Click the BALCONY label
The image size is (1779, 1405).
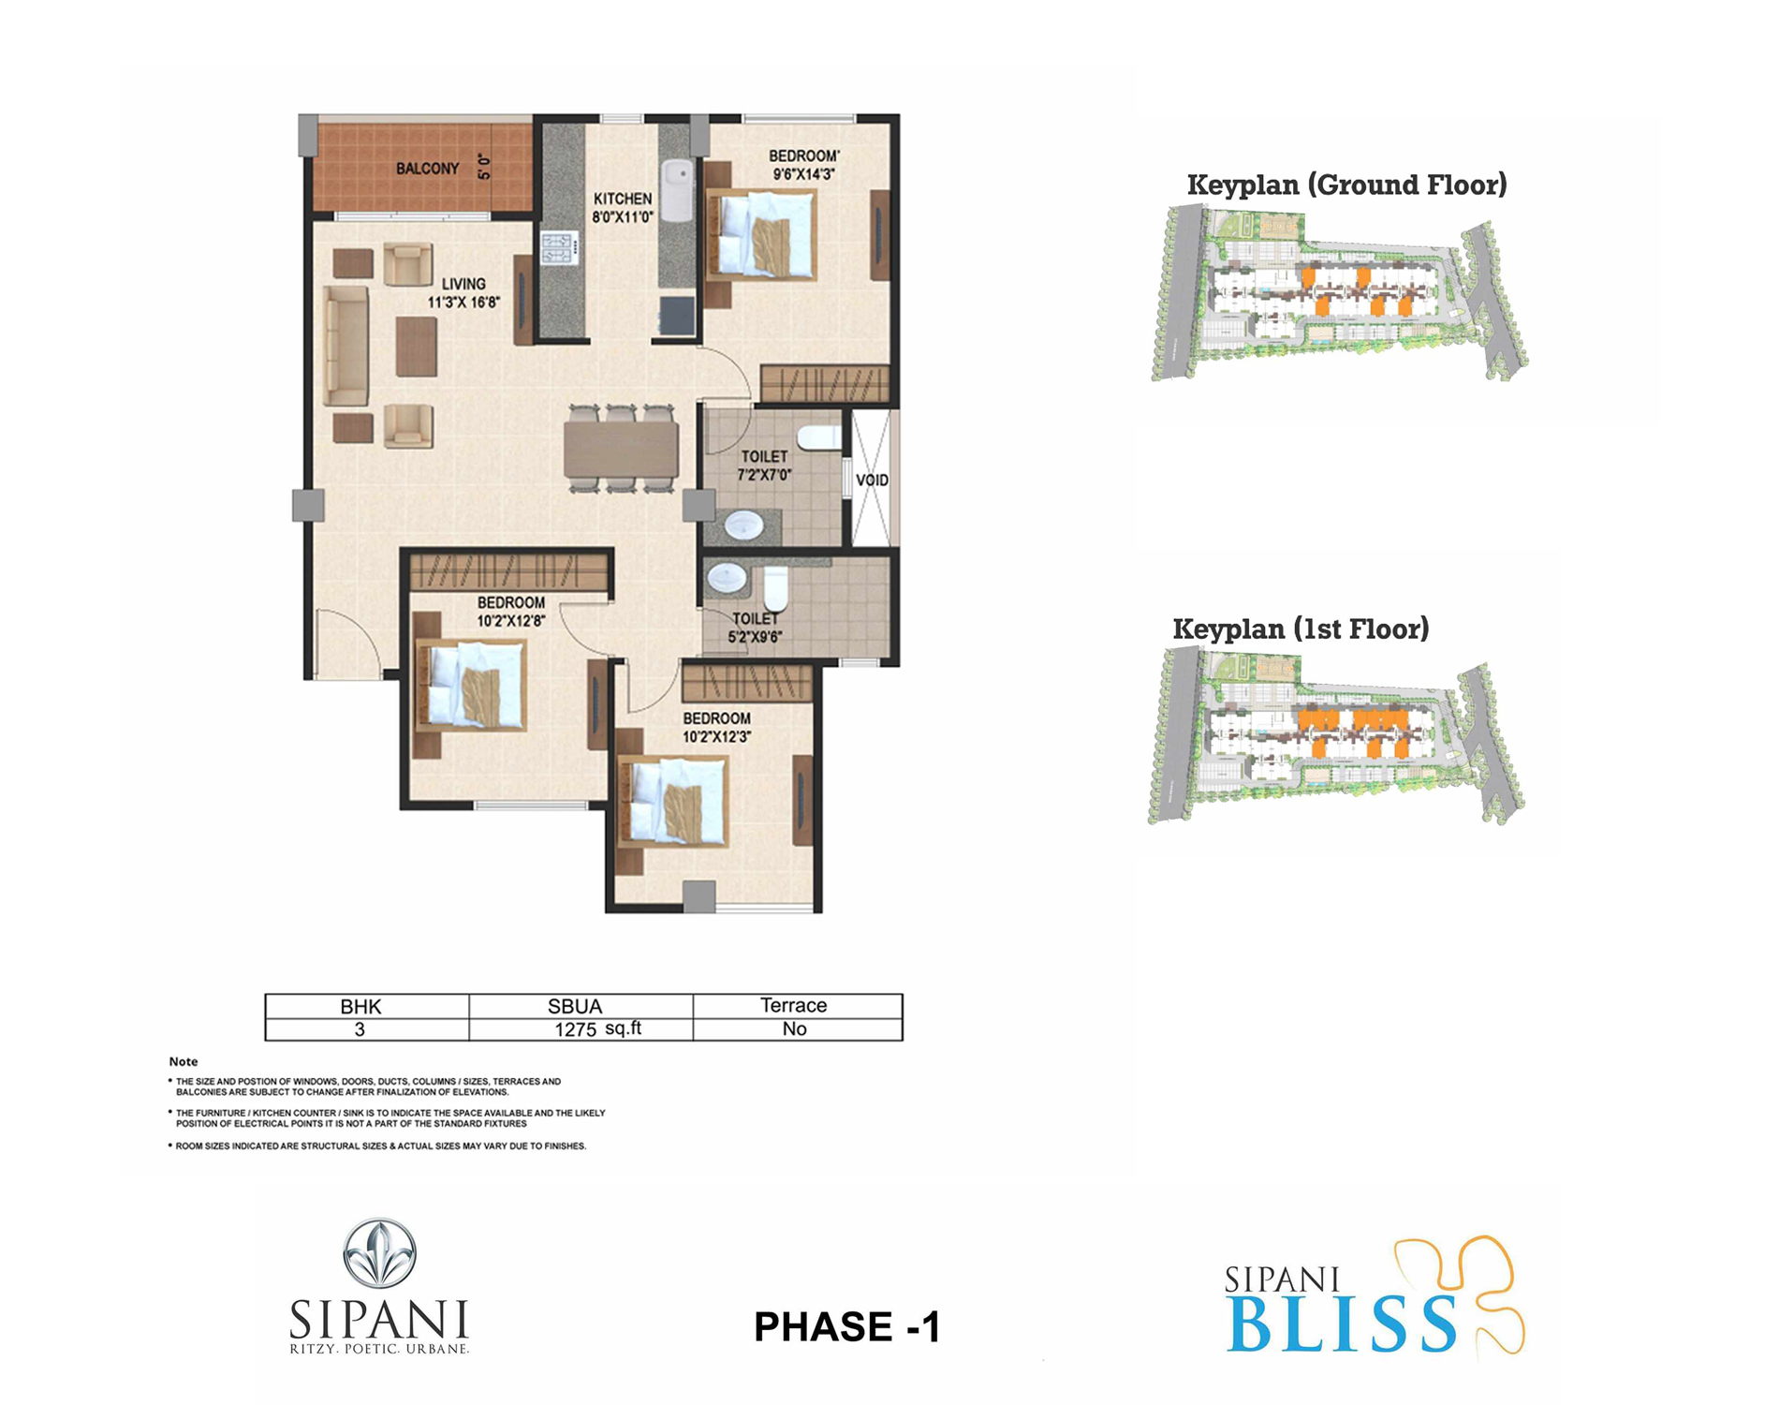click(x=427, y=169)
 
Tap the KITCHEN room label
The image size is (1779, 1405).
click(x=623, y=199)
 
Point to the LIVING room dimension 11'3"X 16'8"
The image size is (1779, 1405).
click(x=463, y=303)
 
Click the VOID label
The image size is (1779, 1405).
click(x=872, y=481)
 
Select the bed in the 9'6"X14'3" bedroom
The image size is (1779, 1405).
click(x=759, y=234)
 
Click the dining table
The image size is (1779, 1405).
click(x=621, y=450)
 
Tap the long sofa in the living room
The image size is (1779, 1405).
click(x=346, y=346)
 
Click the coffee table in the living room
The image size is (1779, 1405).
click(x=416, y=347)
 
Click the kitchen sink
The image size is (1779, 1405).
click(x=676, y=190)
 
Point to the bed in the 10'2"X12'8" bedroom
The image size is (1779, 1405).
click(x=470, y=686)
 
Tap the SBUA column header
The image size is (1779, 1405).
click(x=575, y=1006)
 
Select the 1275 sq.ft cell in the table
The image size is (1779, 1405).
click(x=597, y=1029)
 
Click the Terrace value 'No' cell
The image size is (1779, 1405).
click(x=794, y=1029)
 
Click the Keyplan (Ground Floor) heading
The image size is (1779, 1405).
click(x=1346, y=185)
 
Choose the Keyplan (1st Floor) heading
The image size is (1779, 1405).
click(x=1301, y=629)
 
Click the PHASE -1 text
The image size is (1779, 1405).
click(x=846, y=1326)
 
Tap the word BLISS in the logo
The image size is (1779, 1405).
click(x=1341, y=1324)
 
